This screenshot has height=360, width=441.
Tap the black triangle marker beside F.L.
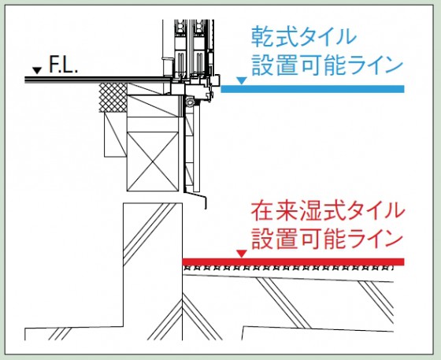37,70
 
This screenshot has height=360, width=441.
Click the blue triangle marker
242,80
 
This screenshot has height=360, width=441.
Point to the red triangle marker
242,254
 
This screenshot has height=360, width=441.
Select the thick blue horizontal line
313,89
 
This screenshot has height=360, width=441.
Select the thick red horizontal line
293,262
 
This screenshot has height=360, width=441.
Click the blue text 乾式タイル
304,36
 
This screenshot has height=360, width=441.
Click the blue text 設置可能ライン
327,65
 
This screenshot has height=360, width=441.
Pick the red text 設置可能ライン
327,239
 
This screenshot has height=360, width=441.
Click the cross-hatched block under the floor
113,98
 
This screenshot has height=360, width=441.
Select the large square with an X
153,161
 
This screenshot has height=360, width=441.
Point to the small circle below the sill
189,102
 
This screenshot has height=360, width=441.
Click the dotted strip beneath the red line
287,268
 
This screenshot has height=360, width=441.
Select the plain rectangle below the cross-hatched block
116,135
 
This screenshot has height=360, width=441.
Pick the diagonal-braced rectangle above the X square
153,106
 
